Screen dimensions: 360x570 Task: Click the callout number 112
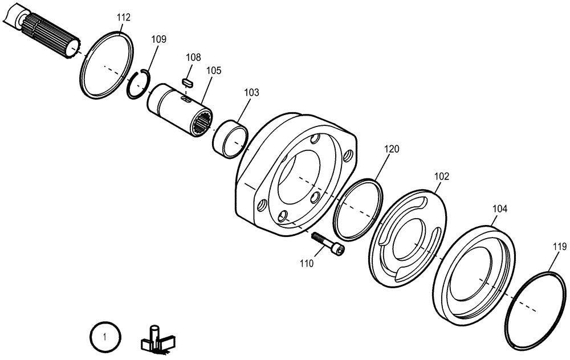point(124,18)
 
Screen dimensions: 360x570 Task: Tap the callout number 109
point(159,39)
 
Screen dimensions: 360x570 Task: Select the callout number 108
point(193,58)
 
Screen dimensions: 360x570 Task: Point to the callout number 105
point(214,70)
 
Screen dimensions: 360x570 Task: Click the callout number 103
point(251,92)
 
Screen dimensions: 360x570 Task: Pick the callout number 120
point(392,149)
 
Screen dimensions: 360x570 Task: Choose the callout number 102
point(442,176)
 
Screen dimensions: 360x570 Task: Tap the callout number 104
point(499,209)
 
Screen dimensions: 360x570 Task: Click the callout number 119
point(559,247)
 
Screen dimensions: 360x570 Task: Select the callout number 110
point(307,264)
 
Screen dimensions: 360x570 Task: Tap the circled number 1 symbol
point(104,337)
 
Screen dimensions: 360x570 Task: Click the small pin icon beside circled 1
point(155,337)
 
